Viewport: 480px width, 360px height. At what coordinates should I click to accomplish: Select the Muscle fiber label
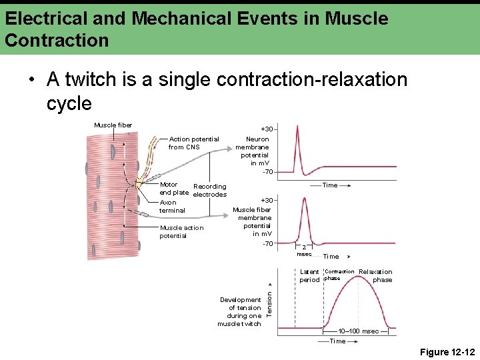click(x=113, y=125)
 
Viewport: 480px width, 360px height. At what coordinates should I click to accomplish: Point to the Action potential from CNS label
click(x=193, y=143)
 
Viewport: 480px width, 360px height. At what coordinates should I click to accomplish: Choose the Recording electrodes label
click(x=209, y=191)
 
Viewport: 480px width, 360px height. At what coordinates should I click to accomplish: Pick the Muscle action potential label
click(x=181, y=231)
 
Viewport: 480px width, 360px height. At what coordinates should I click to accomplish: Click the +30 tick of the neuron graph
click(x=267, y=129)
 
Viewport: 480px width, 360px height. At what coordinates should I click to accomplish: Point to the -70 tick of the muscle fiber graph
click(x=267, y=243)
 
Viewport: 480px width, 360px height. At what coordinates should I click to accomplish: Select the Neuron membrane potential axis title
click(x=253, y=151)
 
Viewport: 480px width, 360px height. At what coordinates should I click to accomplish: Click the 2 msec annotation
click(x=304, y=250)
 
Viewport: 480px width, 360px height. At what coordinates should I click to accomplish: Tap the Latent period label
click(x=309, y=276)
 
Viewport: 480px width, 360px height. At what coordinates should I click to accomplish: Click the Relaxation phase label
click(x=377, y=275)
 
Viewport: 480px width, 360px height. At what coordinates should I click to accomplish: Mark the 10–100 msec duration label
click(x=358, y=331)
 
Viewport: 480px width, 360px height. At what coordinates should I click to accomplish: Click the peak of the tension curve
click(x=359, y=276)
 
